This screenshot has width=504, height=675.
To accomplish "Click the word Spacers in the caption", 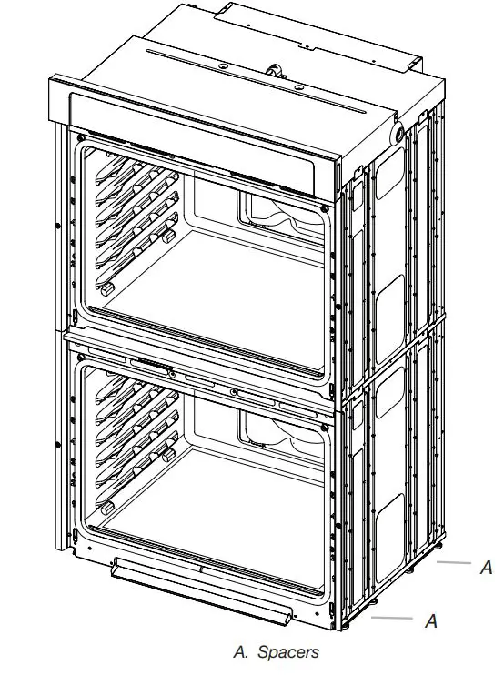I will [288, 652].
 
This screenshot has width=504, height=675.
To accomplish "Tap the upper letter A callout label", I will [486, 568].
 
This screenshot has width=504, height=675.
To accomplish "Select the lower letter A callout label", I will [432, 621].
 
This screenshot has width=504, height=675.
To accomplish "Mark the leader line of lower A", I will [393, 619].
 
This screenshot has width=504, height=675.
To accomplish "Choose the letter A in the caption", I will [240, 652].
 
